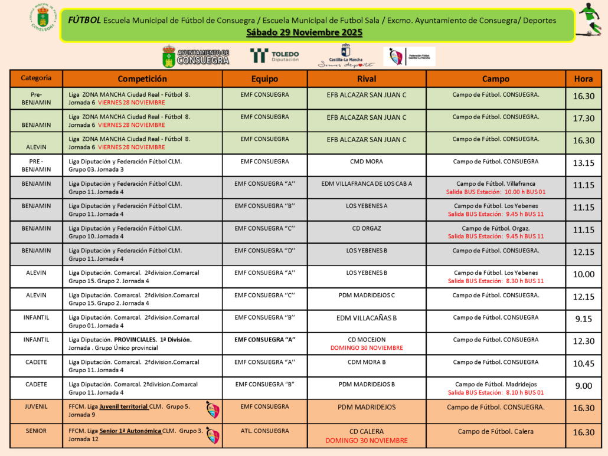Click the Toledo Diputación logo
pos(274,56)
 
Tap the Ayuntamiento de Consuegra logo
pos(195,57)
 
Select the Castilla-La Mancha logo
pos(346,57)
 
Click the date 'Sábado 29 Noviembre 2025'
pos(304,32)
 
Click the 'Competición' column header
pos(142,78)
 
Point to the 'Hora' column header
pos(583,78)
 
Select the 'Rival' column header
pos(367,78)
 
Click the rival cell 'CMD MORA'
pos(367,161)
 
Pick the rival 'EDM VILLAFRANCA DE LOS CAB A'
pos(367,183)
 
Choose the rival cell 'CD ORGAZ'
pos(367,228)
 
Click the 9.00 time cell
pos(583,386)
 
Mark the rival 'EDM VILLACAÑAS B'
pos(367,318)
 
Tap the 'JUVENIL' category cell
pos(36,406)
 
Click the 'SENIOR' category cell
pos(36,431)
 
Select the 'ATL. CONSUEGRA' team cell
pos(265,431)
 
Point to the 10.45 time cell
pos(583,363)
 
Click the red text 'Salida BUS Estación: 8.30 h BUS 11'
pos(496,281)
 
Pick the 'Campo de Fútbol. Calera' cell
pos(496,431)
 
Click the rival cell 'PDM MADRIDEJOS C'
pos(367,295)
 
